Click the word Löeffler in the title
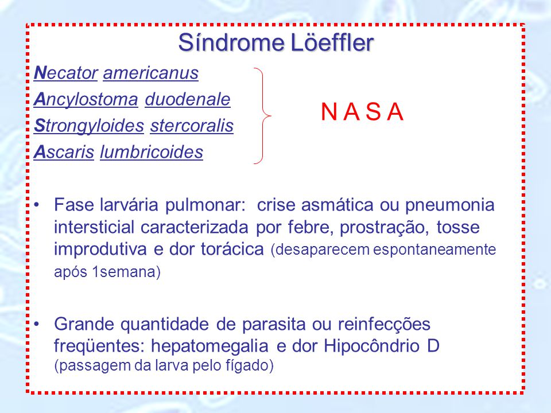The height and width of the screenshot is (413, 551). click(332, 43)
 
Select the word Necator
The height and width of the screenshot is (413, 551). click(65, 73)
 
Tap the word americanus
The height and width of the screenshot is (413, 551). click(151, 73)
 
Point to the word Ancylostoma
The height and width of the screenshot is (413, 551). click(86, 100)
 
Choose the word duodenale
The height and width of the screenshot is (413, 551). click(188, 99)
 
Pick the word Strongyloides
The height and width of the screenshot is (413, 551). click(89, 126)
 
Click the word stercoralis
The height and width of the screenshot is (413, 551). click(192, 126)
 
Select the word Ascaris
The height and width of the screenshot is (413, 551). click(64, 152)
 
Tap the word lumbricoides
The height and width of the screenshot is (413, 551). click(152, 152)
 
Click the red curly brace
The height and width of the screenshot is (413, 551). click(262, 115)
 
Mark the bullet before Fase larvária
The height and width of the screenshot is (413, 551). click(36, 204)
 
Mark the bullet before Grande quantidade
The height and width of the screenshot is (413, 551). click(36, 324)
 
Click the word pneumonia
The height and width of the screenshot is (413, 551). click(450, 205)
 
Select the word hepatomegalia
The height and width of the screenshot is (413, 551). click(210, 346)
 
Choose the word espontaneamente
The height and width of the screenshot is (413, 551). click(434, 250)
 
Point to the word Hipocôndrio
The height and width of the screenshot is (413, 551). click(372, 346)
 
